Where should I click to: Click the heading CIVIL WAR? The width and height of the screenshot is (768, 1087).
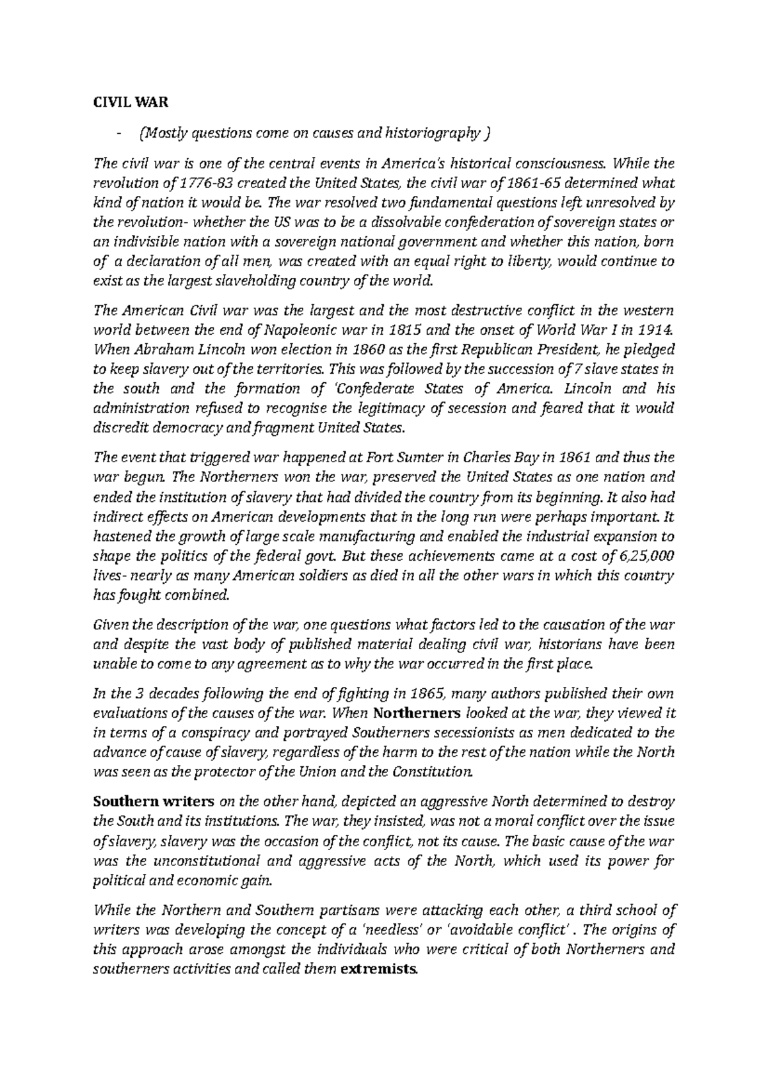click(120, 102)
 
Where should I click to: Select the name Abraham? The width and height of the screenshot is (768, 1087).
click(152, 350)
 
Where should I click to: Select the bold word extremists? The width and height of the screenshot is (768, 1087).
click(378, 969)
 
